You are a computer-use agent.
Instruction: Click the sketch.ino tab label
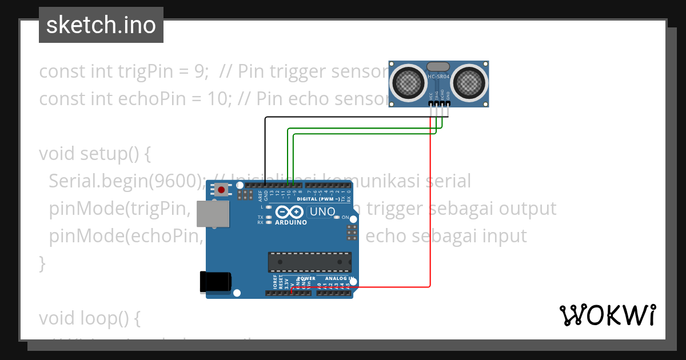pos(101,25)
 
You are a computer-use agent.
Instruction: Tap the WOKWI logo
pos(607,315)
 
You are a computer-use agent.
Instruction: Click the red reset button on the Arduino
pos(221,189)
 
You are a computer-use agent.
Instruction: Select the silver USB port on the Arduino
pos(213,214)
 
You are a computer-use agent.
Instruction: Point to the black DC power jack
pos(216,283)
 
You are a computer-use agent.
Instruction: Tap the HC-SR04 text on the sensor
pos(438,77)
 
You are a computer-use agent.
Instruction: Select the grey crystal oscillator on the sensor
pos(438,67)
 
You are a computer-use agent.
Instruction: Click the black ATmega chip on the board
pos(309,261)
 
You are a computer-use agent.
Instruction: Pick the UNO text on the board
pos(321,212)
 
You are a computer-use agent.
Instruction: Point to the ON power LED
pos(337,218)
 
